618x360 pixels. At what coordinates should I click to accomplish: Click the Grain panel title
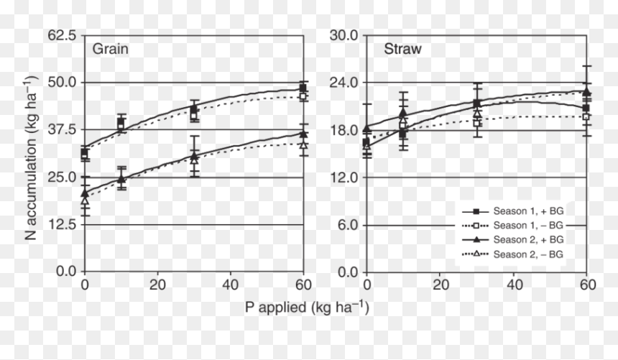(x=110, y=49)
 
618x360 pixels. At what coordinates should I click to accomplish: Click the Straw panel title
(x=403, y=49)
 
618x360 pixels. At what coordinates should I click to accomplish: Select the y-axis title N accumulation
(x=30, y=157)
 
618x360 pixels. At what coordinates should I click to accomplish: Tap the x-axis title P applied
(x=307, y=308)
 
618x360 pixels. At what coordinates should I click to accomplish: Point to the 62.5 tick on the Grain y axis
(x=62, y=35)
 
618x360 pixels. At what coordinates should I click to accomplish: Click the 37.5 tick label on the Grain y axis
(x=62, y=129)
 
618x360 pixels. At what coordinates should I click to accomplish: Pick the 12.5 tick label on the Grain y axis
(x=62, y=224)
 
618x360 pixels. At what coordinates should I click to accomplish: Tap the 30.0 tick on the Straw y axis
(x=343, y=35)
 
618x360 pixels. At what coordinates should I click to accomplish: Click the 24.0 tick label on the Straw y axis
(x=343, y=83)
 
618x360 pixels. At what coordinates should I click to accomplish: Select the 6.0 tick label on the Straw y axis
(x=347, y=225)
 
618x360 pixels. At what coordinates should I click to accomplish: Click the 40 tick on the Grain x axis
(x=230, y=285)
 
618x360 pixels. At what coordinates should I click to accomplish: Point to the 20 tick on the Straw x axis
(x=441, y=285)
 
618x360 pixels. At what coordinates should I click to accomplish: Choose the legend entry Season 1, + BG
(x=513, y=211)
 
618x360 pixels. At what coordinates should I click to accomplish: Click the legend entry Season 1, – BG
(x=513, y=226)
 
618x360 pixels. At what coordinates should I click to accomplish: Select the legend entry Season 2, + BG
(x=513, y=240)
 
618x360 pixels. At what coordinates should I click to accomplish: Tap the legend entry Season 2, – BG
(x=513, y=254)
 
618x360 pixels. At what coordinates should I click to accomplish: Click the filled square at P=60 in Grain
(x=303, y=88)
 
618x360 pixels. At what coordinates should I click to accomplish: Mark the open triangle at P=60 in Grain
(x=303, y=144)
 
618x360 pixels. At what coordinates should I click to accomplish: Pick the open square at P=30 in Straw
(x=477, y=123)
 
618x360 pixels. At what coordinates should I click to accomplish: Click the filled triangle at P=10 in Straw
(x=403, y=113)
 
